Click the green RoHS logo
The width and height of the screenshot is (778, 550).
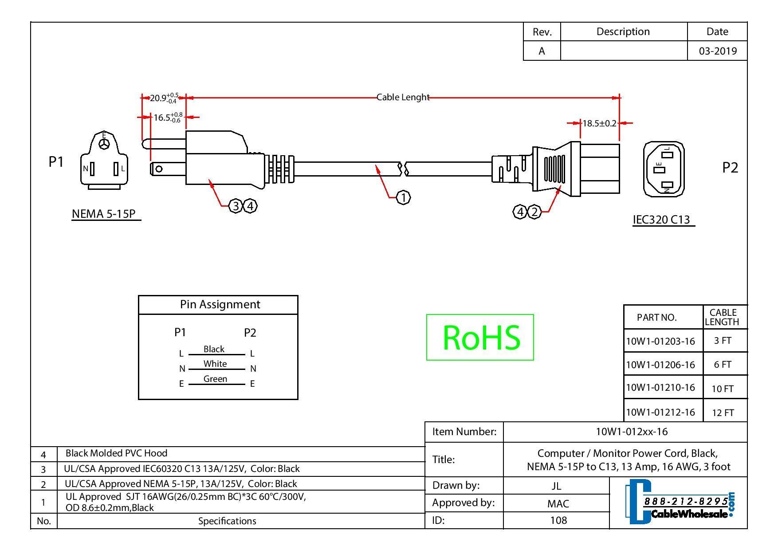pos(480,337)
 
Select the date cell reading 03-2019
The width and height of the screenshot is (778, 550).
pos(717,51)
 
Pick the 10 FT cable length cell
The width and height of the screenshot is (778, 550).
pos(723,389)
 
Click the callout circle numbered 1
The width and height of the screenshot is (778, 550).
pos(403,198)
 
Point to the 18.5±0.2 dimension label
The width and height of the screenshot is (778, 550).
pos(599,123)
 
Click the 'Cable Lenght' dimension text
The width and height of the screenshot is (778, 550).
pos(403,97)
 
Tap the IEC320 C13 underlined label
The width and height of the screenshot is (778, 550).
pos(661,220)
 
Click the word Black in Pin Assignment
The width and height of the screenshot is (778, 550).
pos(214,349)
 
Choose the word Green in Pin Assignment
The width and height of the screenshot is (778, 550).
pos(215,379)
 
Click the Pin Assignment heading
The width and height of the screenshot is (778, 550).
pos(220,304)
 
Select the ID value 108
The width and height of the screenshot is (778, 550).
pos(558,520)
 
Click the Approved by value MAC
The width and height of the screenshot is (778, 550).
pos(558,503)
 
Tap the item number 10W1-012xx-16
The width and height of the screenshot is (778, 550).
pos(631,432)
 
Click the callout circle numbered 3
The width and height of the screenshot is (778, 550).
pos(236,206)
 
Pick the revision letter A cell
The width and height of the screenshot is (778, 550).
pos(542,51)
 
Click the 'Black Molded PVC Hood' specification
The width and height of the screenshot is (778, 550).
pos(116,453)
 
